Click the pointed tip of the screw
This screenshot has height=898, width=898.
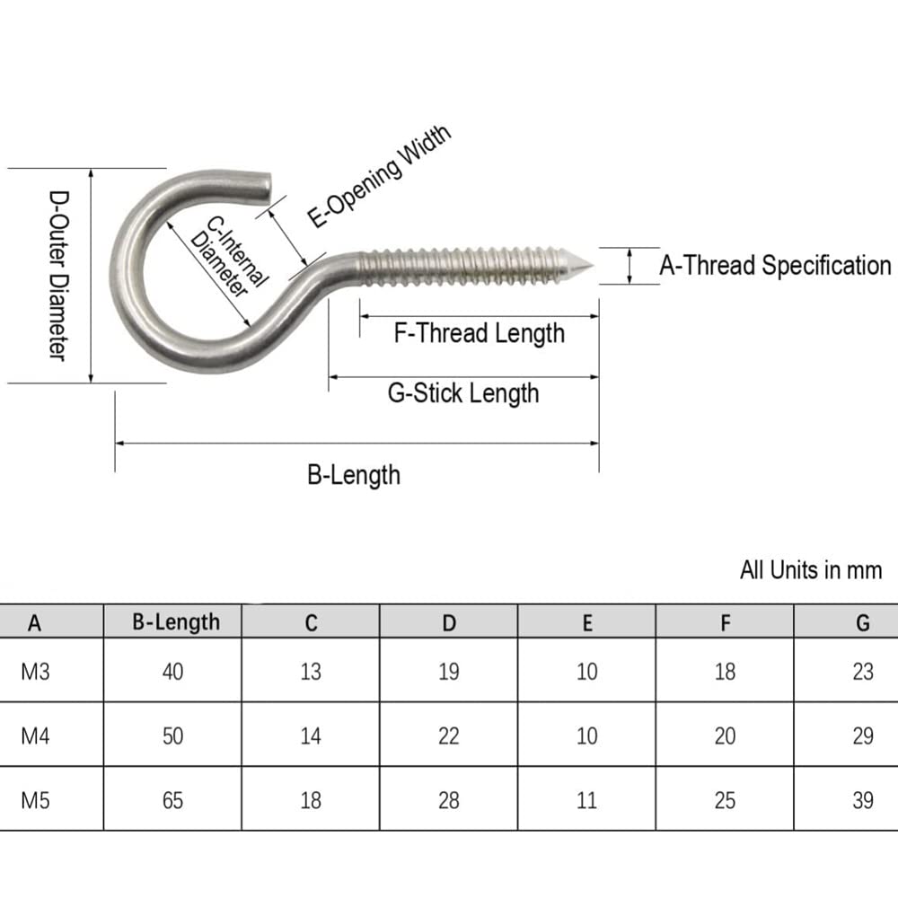pos(592,266)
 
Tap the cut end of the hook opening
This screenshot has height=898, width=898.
pos(268,189)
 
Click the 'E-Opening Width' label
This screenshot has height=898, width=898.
pos(379,176)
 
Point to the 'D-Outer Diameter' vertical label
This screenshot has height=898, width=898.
pos(58,276)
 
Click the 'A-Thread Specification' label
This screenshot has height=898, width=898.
pos(775,265)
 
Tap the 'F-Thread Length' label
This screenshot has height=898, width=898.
pos(480,333)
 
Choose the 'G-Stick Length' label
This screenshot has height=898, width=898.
pos(463,393)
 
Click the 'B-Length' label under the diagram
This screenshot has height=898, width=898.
pos(353,475)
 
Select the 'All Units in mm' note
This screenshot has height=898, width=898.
pos(810,570)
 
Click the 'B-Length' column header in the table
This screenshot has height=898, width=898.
pos(176,622)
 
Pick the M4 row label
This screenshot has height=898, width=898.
pos(35,735)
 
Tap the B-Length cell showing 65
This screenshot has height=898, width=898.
pos(172,800)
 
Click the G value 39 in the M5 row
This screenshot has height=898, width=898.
pos(862,800)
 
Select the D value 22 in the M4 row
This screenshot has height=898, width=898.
pos(448,735)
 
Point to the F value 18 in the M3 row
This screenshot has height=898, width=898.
pos(725,671)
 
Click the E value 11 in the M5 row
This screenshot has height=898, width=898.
pos(586,800)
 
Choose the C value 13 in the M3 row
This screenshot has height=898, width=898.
pos(311,671)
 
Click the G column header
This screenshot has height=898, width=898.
pos(862,622)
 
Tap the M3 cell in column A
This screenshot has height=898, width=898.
pos(35,671)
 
